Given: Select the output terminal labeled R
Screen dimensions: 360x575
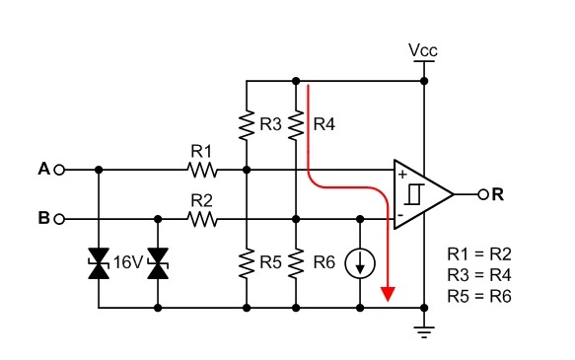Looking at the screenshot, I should tap(482, 194).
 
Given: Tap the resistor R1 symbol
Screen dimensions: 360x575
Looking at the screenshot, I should tap(201, 170).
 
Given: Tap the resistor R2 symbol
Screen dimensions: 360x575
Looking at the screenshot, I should tap(201, 218).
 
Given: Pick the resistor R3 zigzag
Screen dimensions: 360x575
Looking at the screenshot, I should tap(246, 125).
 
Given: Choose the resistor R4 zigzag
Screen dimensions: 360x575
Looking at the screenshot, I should tap(296, 125).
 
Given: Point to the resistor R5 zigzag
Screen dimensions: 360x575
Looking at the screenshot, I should tap(246, 263).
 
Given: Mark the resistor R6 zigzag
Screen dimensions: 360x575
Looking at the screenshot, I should tap(296, 263).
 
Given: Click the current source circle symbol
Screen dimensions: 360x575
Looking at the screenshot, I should tap(360, 263).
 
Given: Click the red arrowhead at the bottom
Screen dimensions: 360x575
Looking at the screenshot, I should tap(390, 293).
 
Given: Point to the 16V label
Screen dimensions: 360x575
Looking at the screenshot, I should tap(128, 262).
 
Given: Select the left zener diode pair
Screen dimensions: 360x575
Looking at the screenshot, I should tap(98, 263).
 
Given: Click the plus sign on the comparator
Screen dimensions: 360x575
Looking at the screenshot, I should tap(402, 176).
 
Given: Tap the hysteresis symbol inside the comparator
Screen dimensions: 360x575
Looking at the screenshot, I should tap(420, 194).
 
